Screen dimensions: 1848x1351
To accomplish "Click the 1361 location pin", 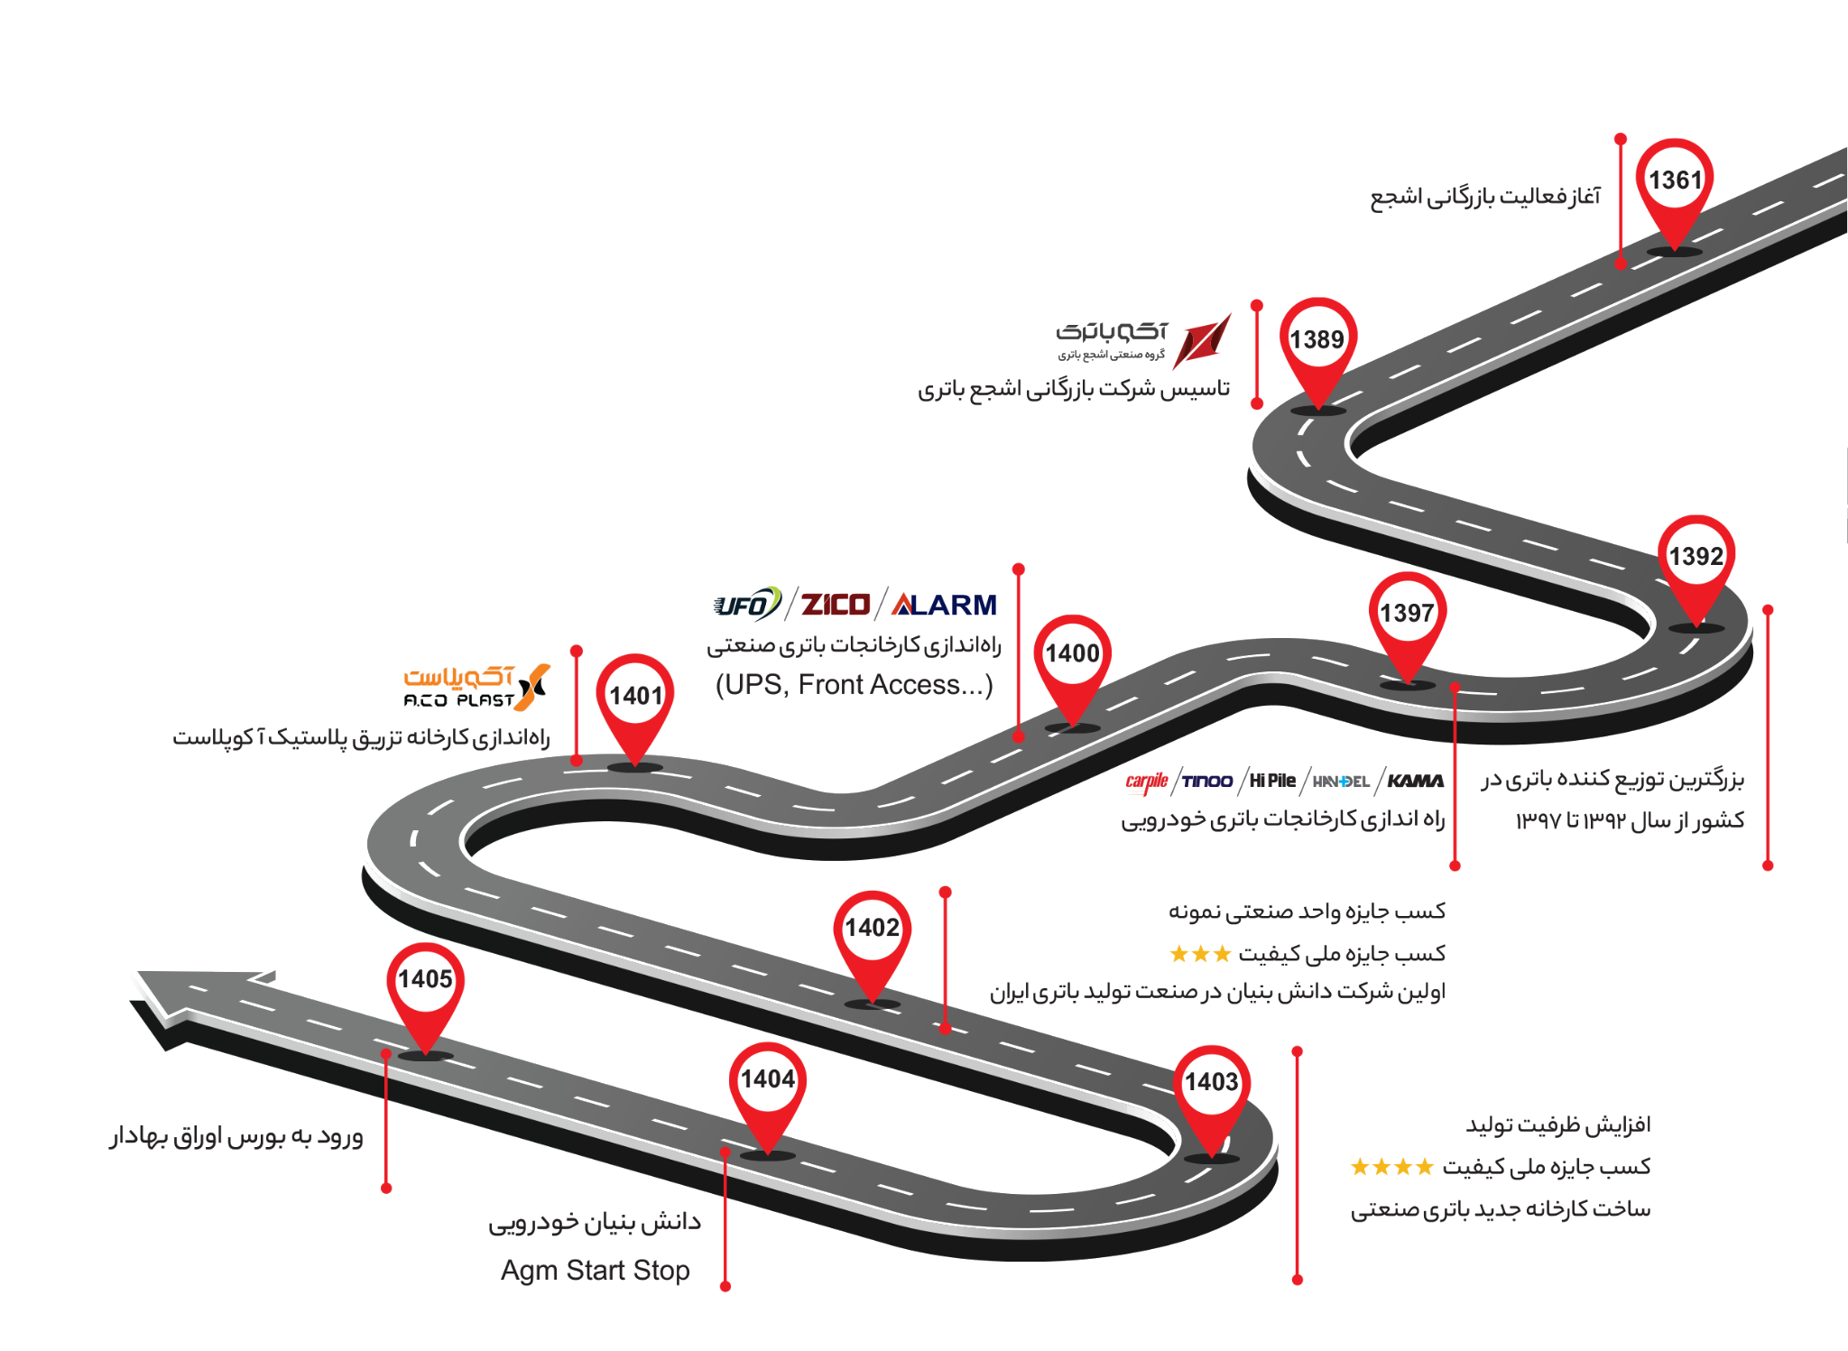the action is click(x=1675, y=190).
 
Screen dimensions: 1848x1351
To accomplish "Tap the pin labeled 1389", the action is click(x=1317, y=348).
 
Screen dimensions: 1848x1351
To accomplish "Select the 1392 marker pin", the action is click(x=1696, y=566).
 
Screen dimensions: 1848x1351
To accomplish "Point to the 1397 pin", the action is click(x=1407, y=623).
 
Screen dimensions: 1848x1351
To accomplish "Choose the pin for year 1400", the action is click(x=1072, y=664).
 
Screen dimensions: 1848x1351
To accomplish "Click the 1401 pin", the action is click(x=635, y=705).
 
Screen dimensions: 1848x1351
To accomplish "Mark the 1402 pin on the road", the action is click(x=872, y=939).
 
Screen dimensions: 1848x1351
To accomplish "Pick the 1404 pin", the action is click(x=767, y=1090).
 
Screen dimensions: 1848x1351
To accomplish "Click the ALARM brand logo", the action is click(x=944, y=604).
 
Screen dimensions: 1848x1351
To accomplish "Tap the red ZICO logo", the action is click(x=836, y=604).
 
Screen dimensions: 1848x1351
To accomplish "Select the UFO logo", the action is click(x=746, y=604).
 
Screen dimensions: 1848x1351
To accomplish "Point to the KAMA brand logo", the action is click(x=1415, y=781).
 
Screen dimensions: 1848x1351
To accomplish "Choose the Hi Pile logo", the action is click(x=1272, y=781).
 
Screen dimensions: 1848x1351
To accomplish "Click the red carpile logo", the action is click(x=1147, y=782).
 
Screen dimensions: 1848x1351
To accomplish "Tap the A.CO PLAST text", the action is click(x=458, y=700).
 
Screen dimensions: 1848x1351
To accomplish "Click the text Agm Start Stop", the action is click(x=596, y=1271).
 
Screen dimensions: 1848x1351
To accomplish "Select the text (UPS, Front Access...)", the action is click(x=854, y=685).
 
